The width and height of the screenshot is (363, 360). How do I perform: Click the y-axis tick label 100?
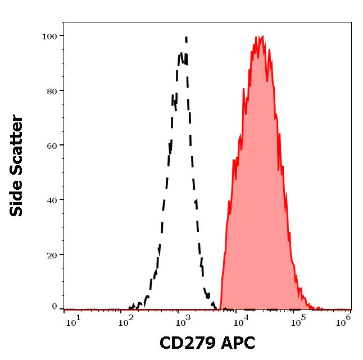tap(49, 37)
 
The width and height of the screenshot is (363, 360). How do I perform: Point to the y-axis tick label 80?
tap(52, 91)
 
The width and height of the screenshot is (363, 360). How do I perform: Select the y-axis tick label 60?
tap(52, 145)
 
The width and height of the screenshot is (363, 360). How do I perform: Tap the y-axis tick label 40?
tap(52, 200)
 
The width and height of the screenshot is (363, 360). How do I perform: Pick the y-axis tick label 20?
tap(52, 255)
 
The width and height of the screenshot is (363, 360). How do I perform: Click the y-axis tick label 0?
tap(55, 307)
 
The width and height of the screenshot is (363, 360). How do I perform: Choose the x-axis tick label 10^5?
tap(298, 320)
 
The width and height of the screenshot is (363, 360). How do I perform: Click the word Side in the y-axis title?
tap(17, 198)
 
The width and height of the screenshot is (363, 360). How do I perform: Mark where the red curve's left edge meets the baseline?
tap(221, 308)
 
